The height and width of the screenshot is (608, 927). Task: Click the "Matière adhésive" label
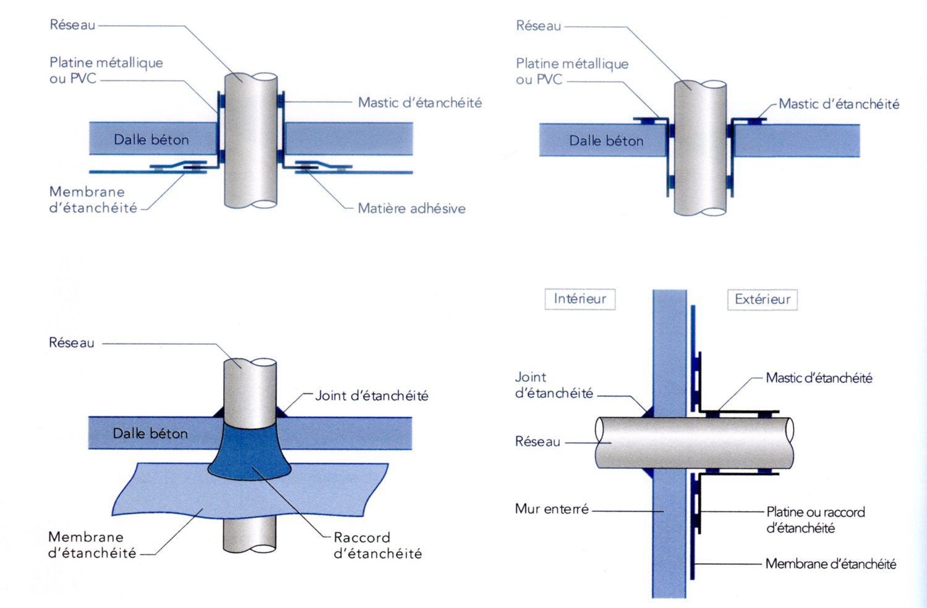411,209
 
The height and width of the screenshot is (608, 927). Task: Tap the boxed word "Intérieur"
579,299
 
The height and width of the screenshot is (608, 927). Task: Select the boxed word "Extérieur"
762,300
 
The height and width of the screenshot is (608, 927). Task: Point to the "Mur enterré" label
552,509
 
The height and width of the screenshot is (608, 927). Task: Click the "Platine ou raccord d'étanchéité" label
815,520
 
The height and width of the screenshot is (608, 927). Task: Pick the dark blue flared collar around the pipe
250,451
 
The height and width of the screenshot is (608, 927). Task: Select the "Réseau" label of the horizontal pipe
537,442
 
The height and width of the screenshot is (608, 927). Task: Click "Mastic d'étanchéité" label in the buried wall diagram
819,378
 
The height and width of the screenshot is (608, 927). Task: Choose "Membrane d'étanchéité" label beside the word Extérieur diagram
831,564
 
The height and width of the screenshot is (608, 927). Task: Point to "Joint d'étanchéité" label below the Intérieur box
553,385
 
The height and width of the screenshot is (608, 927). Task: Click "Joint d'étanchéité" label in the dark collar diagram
372,396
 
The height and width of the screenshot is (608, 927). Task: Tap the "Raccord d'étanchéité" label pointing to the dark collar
377,546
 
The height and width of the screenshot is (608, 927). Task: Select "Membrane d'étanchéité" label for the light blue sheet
92,545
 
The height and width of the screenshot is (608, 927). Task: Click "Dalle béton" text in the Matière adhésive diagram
151,140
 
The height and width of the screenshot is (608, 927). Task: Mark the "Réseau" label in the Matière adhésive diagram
72,25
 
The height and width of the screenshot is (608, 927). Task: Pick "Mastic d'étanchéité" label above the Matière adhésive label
420,103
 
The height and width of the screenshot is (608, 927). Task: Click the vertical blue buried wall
669,544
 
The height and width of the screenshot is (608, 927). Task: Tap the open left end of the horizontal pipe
600,442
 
